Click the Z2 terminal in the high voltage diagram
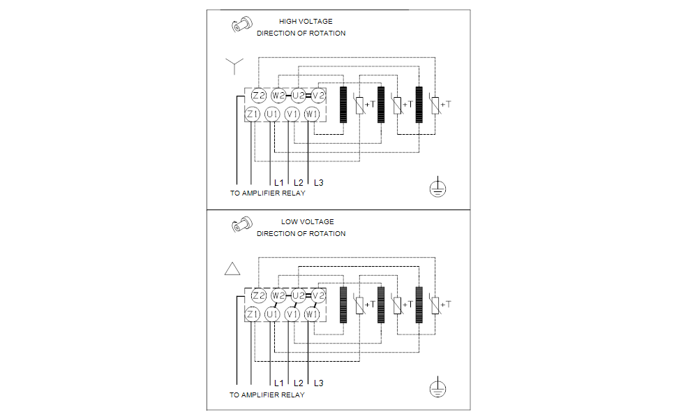click(x=259, y=95)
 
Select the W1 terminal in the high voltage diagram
click(x=312, y=113)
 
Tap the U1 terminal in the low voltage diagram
click(x=272, y=314)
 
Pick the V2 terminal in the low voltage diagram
click(x=318, y=296)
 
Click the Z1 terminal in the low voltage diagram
click(x=253, y=314)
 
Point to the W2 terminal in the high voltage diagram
click(x=278, y=95)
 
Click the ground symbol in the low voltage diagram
click(x=437, y=389)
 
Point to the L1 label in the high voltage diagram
click(x=279, y=183)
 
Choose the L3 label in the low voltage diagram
click(x=318, y=383)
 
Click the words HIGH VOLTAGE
click(x=306, y=22)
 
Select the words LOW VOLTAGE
click(x=308, y=222)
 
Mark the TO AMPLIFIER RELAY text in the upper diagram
click(x=267, y=193)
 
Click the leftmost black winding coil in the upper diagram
click(x=343, y=105)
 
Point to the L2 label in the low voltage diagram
click(x=299, y=383)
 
